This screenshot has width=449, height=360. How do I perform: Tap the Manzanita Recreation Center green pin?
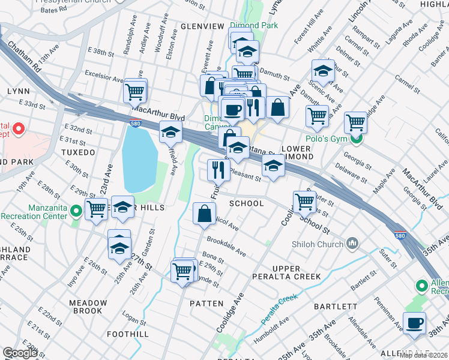pos(76,211)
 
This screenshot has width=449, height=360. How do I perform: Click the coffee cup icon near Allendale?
pos(414,323)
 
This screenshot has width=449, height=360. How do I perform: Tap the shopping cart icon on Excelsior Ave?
pos(135,92)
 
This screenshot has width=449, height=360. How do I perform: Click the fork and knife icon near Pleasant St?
pos(218,170)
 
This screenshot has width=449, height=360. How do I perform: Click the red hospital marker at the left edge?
pos(18,128)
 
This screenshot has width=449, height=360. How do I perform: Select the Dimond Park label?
pos(258,25)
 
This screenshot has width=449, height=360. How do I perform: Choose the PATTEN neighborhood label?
pos(206,304)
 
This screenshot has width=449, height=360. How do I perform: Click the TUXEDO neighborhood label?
pos(78,152)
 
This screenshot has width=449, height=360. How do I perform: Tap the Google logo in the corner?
pos(20,353)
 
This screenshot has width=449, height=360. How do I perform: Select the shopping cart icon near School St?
pos(304,201)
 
